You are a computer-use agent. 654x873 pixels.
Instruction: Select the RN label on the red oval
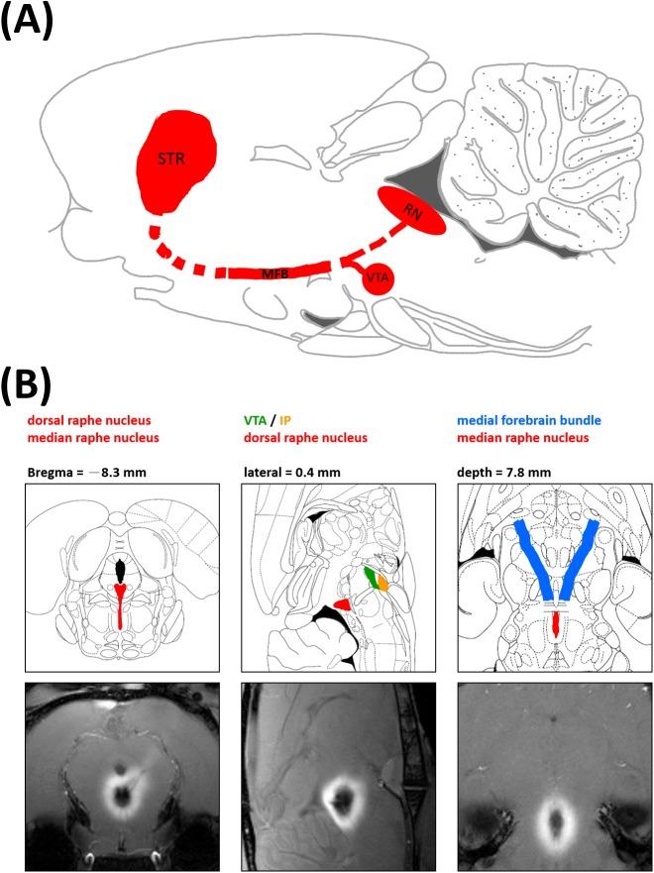(409, 211)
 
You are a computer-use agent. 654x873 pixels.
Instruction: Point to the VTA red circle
(377, 277)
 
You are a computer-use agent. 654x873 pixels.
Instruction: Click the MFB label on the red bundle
(275, 271)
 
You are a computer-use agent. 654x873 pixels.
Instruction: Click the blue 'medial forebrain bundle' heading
(536, 419)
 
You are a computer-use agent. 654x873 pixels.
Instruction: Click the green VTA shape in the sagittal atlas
(372, 577)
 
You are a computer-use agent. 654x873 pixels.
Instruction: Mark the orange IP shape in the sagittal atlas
(382, 585)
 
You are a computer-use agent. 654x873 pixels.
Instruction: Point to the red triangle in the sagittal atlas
(342, 603)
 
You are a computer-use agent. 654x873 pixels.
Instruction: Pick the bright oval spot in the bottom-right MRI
(555, 818)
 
